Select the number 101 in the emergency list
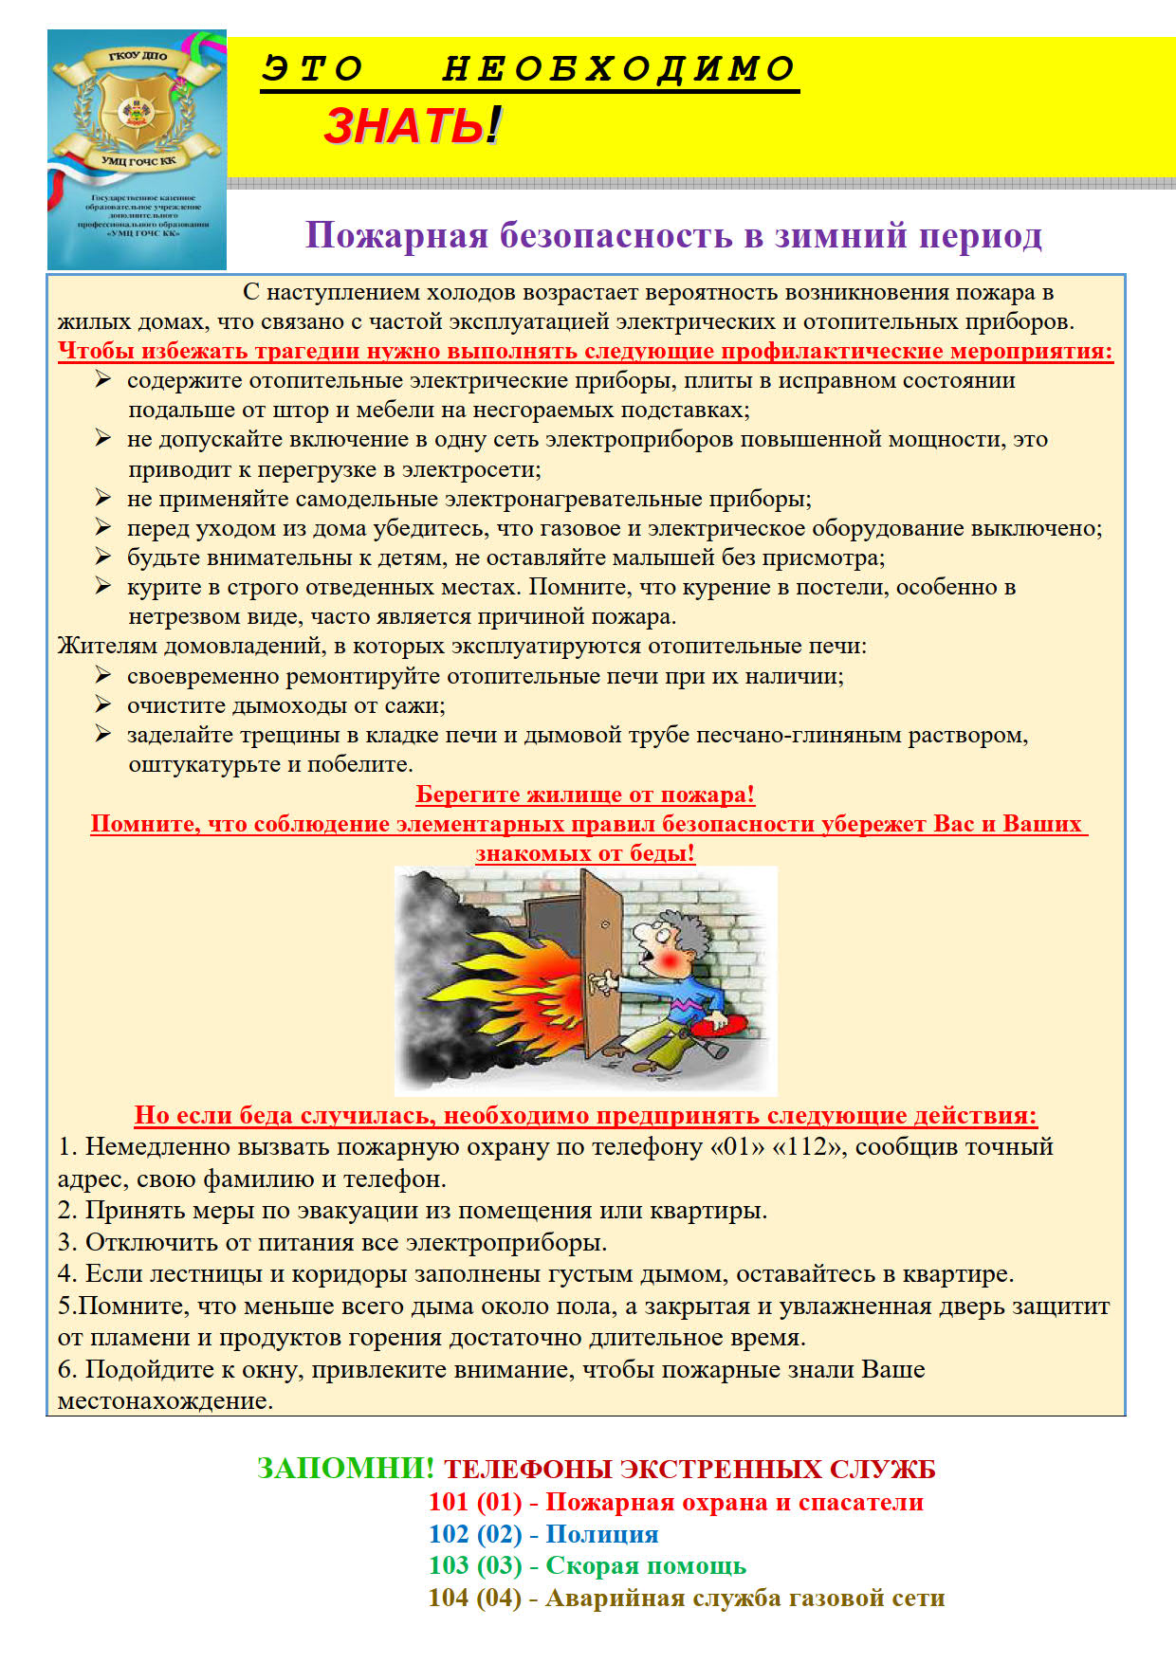click(x=449, y=1502)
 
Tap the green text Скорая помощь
click(x=645, y=1565)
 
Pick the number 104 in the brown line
click(x=449, y=1598)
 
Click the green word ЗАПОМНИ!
click(x=345, y=1469)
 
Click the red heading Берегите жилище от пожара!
click(x=585, y=795)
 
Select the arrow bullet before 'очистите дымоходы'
click(x=103, y=704)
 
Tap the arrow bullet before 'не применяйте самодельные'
click(x=103, y=498)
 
